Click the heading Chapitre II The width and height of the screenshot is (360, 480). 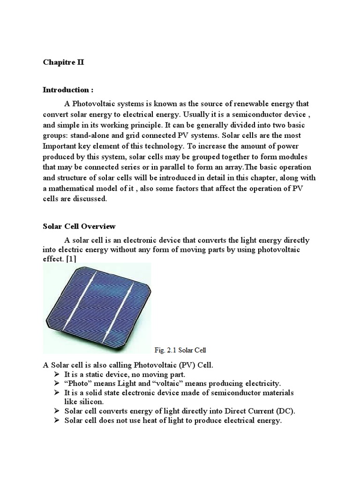pos(63,62)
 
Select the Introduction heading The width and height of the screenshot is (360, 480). pos(66,90)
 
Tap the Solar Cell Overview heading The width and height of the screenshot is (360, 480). pos(79,226)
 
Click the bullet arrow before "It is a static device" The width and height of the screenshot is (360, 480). pos(57,374)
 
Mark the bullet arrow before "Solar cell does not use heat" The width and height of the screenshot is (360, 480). pos(57,420)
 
